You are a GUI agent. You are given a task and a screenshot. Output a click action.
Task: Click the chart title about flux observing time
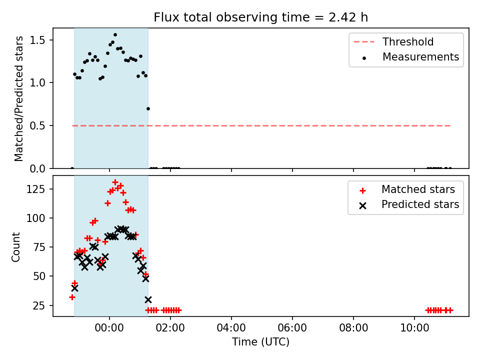pyautogui.click(x=260, y=17)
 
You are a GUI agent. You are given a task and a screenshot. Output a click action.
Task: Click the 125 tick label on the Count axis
pyautogui.click(x=35, y=189)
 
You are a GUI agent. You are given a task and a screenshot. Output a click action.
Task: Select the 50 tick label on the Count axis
pyautogui.click(x=39, y=276)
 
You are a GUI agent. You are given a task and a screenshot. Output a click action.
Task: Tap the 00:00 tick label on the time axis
pyautogui.click(x=109, y=328)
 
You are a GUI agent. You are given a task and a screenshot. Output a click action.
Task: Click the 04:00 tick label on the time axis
pyautogui.click(x=231, y=328)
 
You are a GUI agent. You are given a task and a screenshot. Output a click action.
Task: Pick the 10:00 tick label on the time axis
pyautogui.click(x=414, y=328)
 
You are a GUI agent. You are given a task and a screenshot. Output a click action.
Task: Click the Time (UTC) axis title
pyautogui.click(x=260, y=341)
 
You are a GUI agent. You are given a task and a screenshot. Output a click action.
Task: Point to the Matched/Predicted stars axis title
pyautogui.click(x=18, y=98)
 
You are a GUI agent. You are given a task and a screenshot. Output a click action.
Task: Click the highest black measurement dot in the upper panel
pyautogui.click(x=115, y=35)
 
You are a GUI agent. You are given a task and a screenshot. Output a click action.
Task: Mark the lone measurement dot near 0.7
pyautogui.click(x=148, y=108)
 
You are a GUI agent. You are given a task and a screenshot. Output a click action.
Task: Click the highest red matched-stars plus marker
pyautogui.click(x=115, y=182)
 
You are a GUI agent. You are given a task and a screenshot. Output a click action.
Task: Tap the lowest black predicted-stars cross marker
pyautogui.click(x=148, y=299)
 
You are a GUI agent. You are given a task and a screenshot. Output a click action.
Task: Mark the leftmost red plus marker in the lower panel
pyautogui.click(x=72, y=297)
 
